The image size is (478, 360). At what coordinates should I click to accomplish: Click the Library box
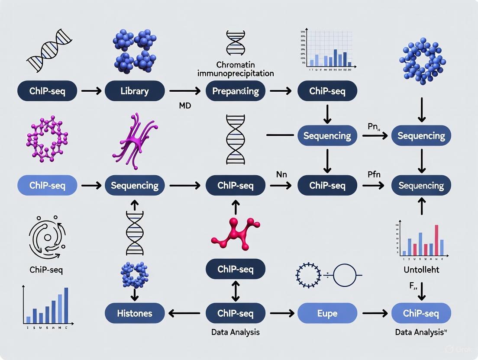(135, 91)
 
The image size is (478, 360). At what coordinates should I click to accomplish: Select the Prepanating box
(236, 91)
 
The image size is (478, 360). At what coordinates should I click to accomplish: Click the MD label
(184, 106)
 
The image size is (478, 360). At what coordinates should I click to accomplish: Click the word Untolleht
(421, 270)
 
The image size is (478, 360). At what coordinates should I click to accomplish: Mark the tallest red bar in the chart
(436, 240)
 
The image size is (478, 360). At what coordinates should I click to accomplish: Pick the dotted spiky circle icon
(308, 275)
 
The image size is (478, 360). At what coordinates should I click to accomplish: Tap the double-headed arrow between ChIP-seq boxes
(235, 292)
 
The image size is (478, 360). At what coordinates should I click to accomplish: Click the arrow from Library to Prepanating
(185, 91)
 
